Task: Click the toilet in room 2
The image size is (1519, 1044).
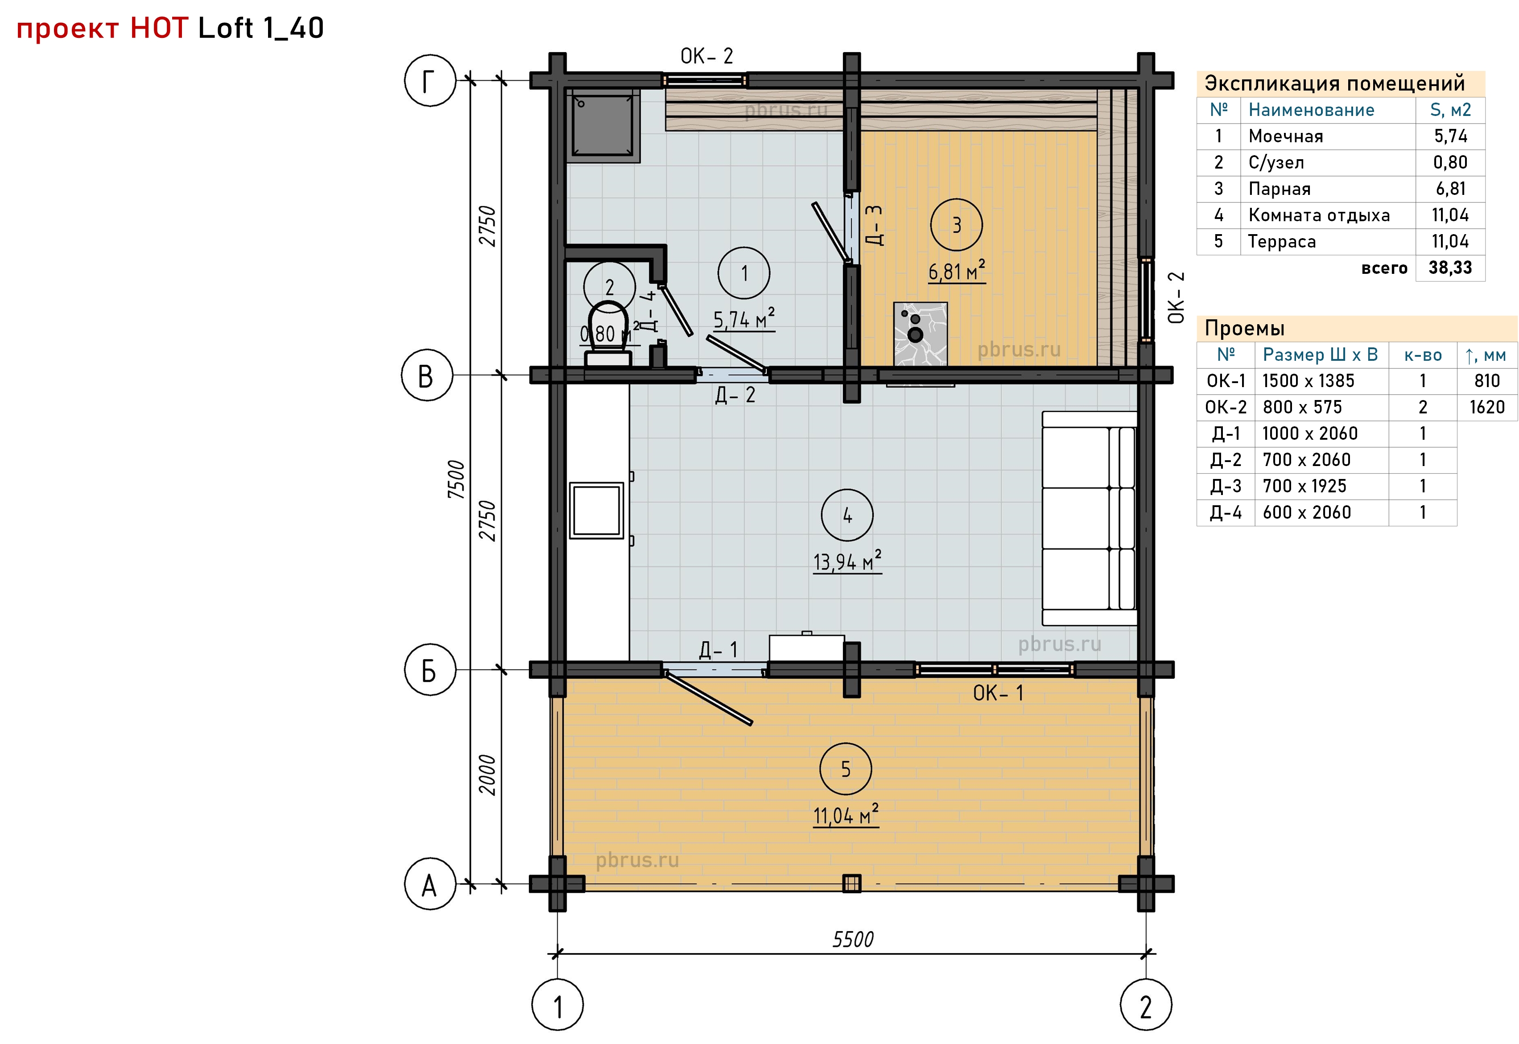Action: point(608,334)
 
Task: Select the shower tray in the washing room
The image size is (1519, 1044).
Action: point(603,125)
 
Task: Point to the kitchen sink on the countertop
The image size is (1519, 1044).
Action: point(596,510)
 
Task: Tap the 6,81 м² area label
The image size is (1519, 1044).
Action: point(957,270)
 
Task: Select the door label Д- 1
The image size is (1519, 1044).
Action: point(718,650)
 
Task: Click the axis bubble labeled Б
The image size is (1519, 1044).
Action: point(429,670)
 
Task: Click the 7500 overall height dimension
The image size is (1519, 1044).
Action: point(456,479)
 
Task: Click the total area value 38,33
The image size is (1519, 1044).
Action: point(1450,268)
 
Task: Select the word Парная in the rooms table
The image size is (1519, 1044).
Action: point(1280,189)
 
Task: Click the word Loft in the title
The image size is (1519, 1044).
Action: point(225,28)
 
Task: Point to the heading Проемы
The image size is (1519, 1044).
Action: point(1245,328)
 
